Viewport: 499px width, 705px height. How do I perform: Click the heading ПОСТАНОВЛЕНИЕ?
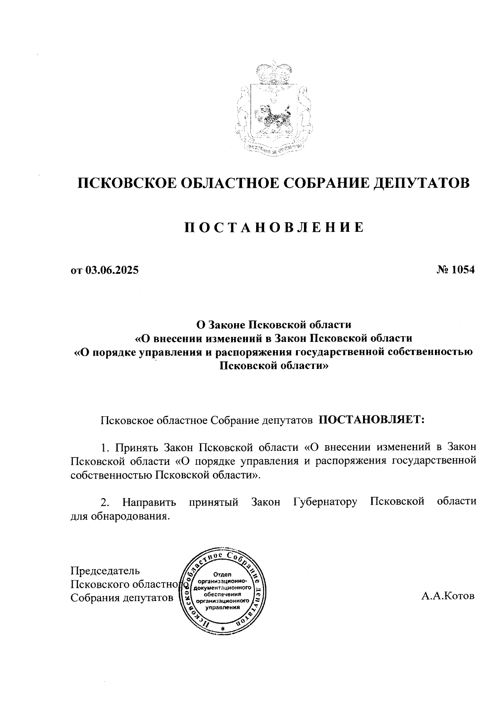tap(274, 227)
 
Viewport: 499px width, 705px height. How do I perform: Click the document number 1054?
tap(463, 270)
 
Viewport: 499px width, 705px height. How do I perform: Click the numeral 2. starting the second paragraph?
tap(105, 502)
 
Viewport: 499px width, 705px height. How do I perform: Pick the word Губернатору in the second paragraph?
tap(325, 501)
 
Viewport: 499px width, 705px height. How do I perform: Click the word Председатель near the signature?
tap(105, 570)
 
